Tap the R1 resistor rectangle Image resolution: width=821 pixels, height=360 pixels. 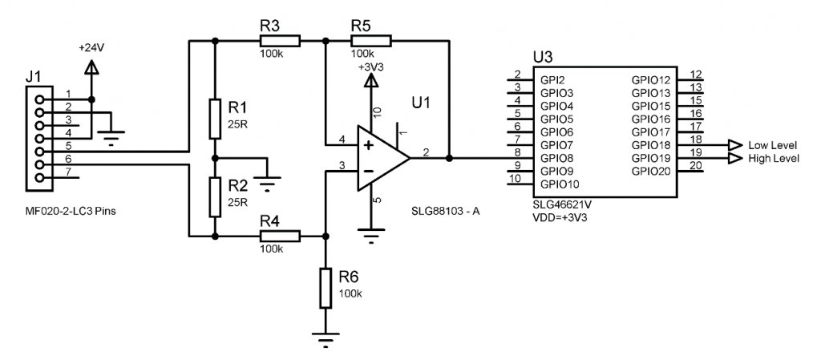215,117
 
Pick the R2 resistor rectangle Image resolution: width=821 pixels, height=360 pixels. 215,196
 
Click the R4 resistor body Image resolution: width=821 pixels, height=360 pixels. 280,236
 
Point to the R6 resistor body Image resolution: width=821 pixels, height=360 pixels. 325,289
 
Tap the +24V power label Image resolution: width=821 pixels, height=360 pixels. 91,48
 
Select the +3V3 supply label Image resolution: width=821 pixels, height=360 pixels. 370,68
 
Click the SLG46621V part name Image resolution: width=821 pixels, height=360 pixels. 560,204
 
